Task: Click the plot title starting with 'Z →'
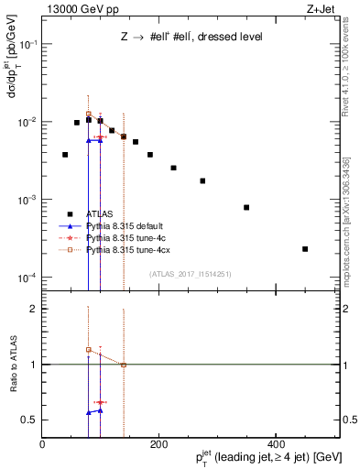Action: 191,38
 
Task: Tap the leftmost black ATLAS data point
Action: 65,155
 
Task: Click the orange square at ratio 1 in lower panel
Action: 124,365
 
